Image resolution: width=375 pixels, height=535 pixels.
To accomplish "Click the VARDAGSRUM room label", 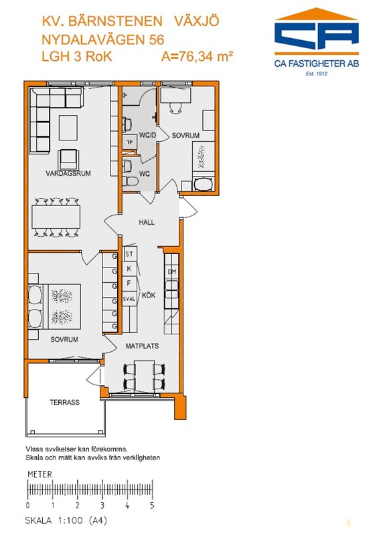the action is (x=68, y=173).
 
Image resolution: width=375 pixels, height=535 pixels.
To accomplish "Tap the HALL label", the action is (x=147, y=223).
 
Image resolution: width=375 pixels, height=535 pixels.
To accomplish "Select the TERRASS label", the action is (x=64, y=403).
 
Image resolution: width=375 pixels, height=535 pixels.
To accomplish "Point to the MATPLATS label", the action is (x=142, y=346).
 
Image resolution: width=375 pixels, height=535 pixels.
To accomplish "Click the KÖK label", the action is (x=149, y=295).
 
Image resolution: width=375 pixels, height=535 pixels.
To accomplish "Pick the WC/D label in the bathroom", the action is (x=147, y=136).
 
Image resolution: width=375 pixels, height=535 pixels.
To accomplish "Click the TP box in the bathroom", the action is (x=129, y=142).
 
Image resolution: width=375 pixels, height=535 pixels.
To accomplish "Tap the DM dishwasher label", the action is (x=172, y=272).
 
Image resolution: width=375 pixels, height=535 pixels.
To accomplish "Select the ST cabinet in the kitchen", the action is (x=129, y=254).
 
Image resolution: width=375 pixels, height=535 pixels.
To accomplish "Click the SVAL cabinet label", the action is (x=129, y=299).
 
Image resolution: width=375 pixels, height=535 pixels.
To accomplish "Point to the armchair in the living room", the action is (x=69, y=159).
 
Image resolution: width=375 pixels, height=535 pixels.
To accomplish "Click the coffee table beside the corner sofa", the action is (x=68, y=128).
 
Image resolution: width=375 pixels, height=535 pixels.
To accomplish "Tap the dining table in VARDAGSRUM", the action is (x=56, y=217).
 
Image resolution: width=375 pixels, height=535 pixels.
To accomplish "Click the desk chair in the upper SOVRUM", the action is (x=176, y=108).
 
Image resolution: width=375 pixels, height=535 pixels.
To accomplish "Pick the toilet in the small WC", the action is (x=130, y=181).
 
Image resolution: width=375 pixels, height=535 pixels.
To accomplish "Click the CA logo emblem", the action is (x=317, y=31).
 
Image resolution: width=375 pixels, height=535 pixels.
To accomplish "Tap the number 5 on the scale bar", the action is (x=152, y=506).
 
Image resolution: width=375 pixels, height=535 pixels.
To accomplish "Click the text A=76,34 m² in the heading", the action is (x=197, y=56).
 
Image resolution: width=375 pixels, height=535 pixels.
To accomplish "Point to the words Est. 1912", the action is (x=317, y=74).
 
